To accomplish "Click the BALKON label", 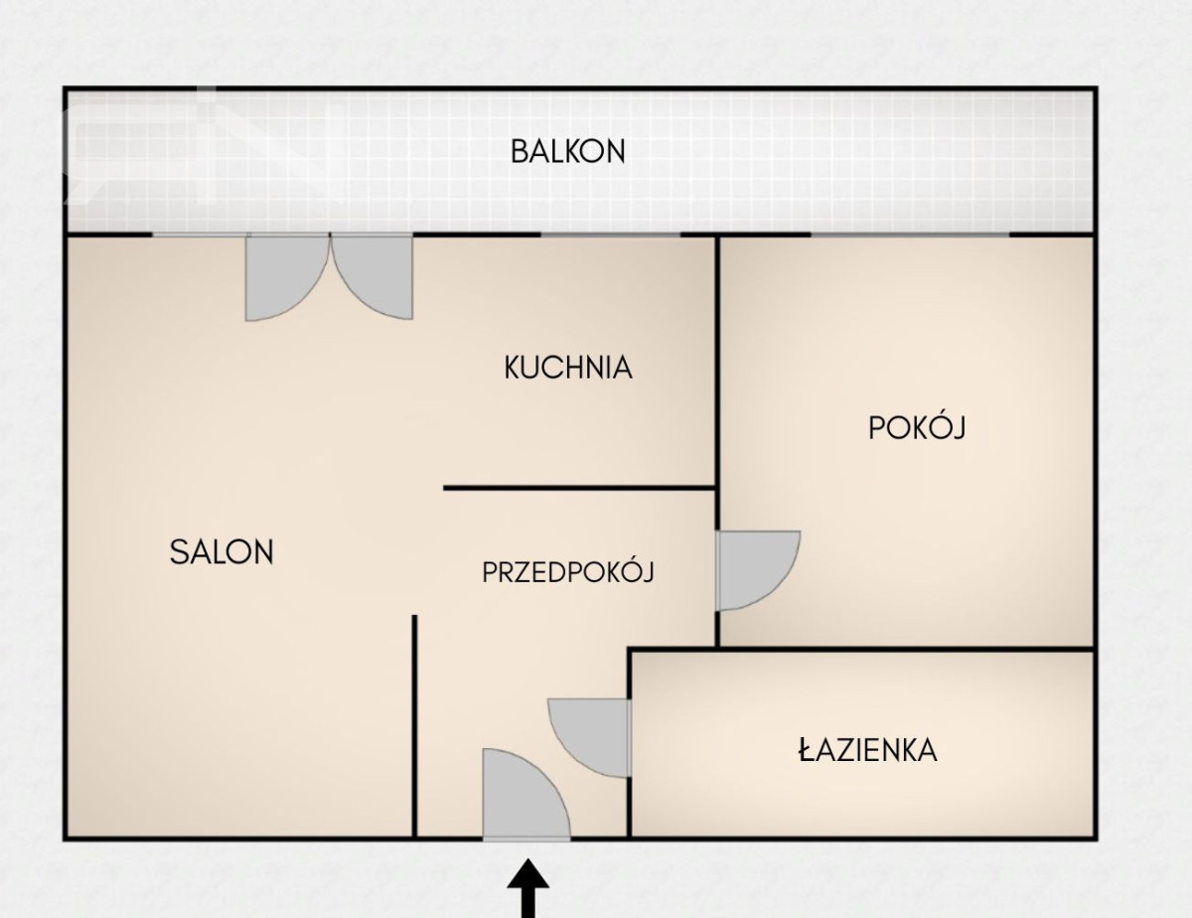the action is click(x=568, y=152).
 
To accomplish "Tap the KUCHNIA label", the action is click(x=568, y=368).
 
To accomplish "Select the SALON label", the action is click(x=222, y=552).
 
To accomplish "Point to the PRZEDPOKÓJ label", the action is click(x=568, y=571).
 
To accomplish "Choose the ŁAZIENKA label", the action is click(x=867, y=750).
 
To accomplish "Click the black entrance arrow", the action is click(x=527, y=888).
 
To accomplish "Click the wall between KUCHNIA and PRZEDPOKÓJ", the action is click(x=579, y=488).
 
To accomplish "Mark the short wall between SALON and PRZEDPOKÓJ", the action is click(x=414, y=726).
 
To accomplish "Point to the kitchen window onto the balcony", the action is click(x=611, y=234).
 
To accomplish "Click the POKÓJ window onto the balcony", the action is click(x=910, y=234).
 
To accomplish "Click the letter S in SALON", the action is click(x=178, y=552).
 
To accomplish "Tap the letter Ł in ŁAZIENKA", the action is click(x=807, y=750).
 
